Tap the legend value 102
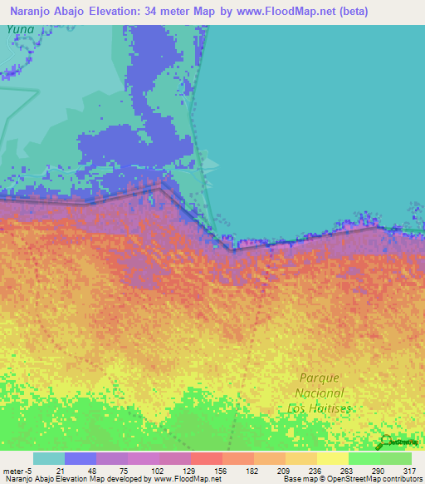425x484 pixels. point(159,471)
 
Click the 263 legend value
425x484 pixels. point(348,471)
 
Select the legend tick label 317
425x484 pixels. point(410,471)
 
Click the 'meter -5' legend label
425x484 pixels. point(18,471)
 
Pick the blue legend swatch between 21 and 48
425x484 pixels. point(81,458)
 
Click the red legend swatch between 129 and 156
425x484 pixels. point(206,458)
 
